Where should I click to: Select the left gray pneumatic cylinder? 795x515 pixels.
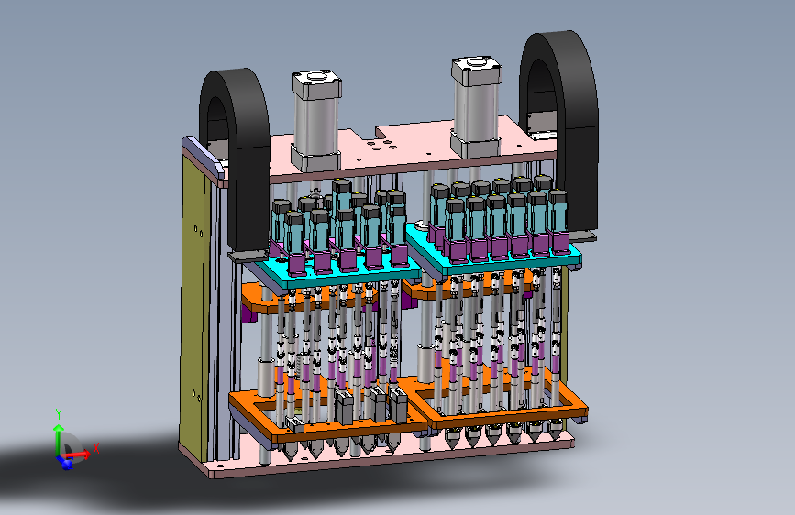(315, 122)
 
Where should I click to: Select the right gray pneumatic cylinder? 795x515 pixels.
(476, 106)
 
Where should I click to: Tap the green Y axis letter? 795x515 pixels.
(59, 414)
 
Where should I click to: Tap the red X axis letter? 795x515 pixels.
(96, 449)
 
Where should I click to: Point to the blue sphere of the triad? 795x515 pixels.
(66, 463)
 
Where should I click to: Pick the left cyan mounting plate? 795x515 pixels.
(329, 274)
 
